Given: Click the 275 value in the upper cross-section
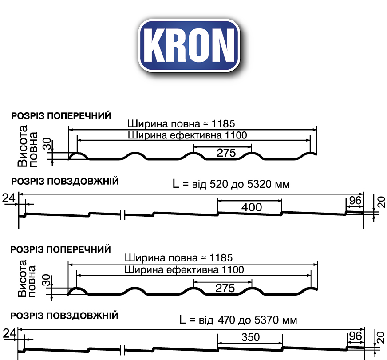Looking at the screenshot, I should (226, 153).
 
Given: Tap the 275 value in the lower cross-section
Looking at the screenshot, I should (225, 288).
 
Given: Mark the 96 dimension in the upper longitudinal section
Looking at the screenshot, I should (355, 201).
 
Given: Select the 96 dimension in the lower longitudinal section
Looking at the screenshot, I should (355, 336).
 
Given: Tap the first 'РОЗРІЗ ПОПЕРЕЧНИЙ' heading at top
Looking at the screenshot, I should (61, 115).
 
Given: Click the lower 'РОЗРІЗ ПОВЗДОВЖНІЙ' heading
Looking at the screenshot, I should (65, 316).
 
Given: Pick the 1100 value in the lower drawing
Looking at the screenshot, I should (233, 269).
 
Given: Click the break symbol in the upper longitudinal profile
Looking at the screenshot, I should (123, 215).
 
